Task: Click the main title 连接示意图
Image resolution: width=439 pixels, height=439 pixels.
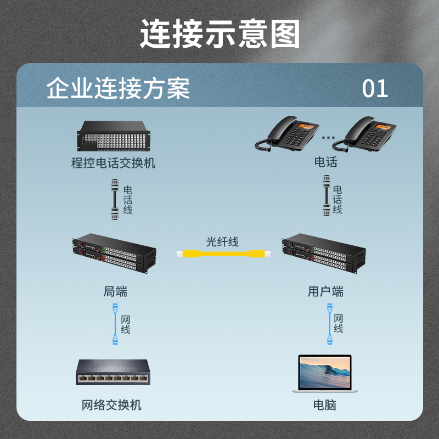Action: tap(220, 34)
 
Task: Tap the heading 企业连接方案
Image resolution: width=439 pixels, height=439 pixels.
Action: tap(118, 88)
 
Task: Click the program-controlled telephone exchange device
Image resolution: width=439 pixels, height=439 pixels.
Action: tap(114, 136)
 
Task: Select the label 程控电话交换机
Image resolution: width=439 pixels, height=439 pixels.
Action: tap(113, 163)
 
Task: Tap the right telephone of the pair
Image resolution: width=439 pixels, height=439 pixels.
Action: tap(364, 134)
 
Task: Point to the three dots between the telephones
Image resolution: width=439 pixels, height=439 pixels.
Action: tap(328, 138)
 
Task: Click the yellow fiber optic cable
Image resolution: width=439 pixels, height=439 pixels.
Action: tap(223, 254)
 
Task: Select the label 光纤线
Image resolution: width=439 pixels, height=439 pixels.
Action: tap(222, 242)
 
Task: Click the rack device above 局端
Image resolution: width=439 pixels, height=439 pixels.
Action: tap(114, 254)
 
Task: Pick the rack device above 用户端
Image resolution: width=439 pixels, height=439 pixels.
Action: tap(324, 254)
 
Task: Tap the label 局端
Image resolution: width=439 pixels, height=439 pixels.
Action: tap(115, 291)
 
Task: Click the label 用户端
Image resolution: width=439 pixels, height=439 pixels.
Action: tap(325, 291)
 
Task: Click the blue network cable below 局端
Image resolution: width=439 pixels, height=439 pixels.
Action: tap(115, 324)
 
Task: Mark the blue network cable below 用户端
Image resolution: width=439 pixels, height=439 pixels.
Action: tap(330, 324)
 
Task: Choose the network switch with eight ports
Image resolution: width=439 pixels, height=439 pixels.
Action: tap(113, 372)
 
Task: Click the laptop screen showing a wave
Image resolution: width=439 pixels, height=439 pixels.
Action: tap(324, 372)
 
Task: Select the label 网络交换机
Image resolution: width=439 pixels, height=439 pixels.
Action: tap(111, 405)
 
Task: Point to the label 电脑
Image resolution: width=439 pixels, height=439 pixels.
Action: tap(324, 405)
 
